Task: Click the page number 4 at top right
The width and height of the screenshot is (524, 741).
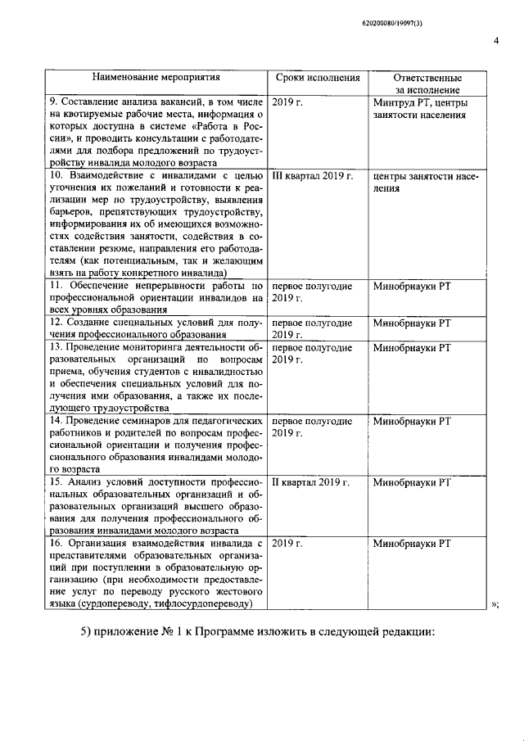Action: [x=496, y=42]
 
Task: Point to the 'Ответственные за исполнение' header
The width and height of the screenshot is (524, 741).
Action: [x=416, y=84]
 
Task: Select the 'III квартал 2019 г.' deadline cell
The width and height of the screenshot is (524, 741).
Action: [x=312, y=176]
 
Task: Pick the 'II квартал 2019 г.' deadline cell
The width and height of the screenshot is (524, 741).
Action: [x=310, y=482]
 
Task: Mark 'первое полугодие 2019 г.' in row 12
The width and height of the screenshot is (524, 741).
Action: [x=312, y=328]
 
